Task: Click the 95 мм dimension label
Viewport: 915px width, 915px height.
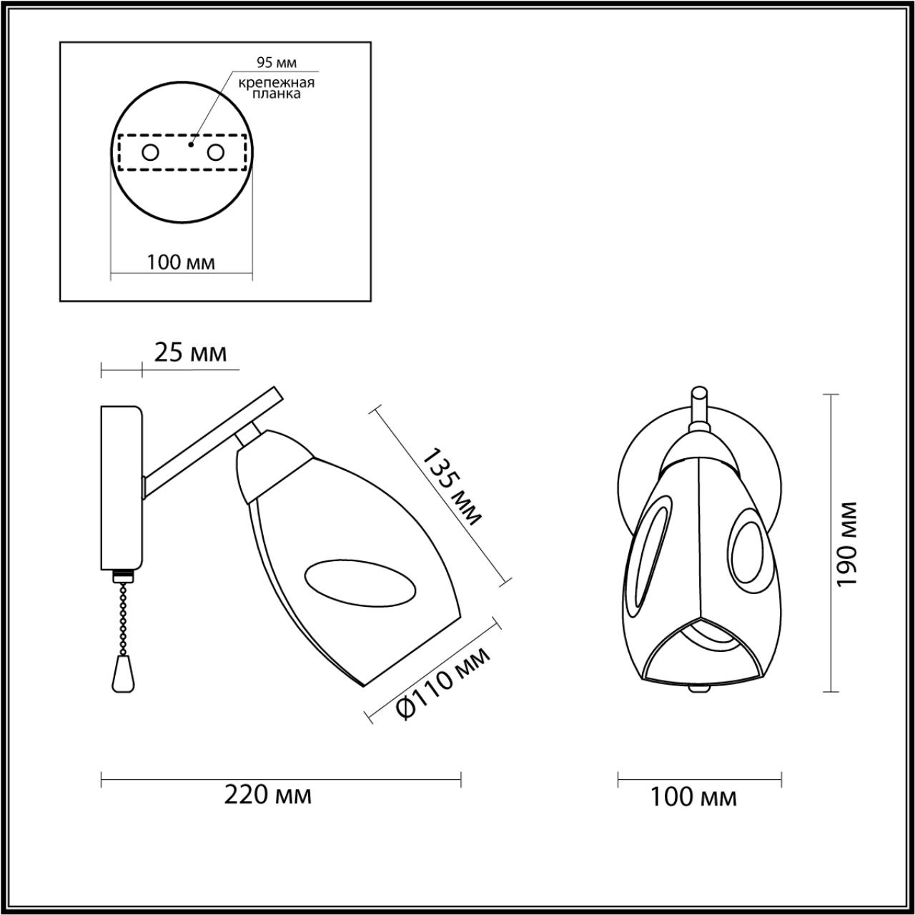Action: (x=277, y=63)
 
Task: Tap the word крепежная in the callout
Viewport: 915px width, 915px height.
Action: (x=277, y=83)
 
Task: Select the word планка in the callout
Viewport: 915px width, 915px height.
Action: (x=277, y=94)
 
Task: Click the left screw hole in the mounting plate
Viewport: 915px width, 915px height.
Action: (x=151, y=153)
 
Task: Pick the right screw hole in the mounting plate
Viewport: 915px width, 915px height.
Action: (x=216, y=153)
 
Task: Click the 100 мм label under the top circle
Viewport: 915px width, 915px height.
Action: (x=181, y=262)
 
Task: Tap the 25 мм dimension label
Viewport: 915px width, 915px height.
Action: (x=191, y=353)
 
